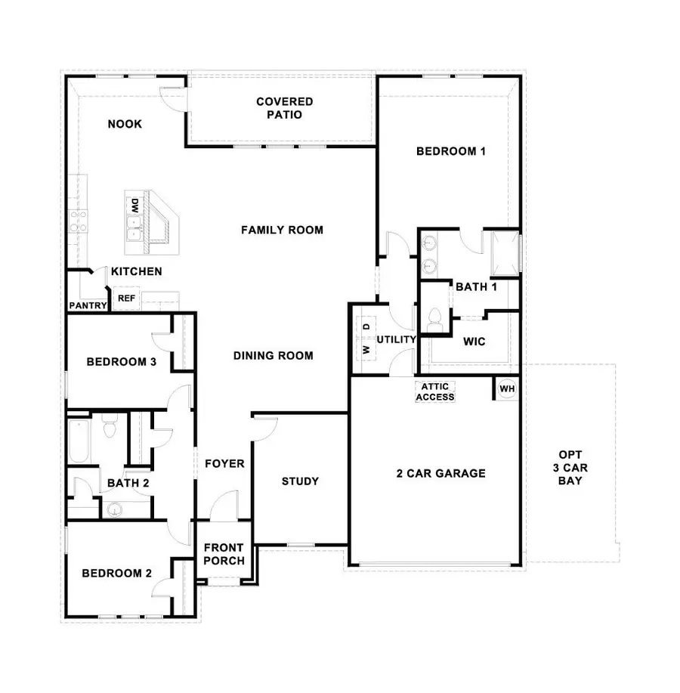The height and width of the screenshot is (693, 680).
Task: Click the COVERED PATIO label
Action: [284, 108]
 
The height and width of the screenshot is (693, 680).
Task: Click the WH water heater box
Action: [507, 388]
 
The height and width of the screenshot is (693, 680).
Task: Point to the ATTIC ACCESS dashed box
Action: [435, 391]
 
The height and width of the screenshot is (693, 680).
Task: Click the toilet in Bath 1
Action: [435, 317]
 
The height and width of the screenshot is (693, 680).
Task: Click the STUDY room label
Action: [300, 481]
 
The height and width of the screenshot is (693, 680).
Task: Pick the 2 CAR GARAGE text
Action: [440, 474]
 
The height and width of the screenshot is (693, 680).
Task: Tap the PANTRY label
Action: [88, 305]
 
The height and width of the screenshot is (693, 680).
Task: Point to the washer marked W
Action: [366, 350]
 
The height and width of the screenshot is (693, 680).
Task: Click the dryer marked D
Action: [366, 326]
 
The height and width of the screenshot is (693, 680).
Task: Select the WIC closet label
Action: [474, 342]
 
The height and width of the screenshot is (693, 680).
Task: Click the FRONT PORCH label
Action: [224, 554]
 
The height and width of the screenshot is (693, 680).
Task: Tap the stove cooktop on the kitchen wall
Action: [78, 221]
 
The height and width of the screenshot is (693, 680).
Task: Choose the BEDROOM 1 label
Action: [450, 151]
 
